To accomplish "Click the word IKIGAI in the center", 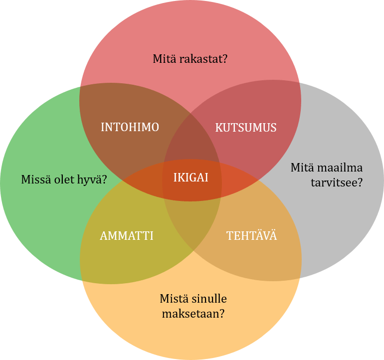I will click(191, 178).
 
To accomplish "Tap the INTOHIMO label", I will click(130, 127).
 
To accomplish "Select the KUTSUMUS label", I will click(245, 128).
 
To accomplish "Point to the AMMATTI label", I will click(126, 236).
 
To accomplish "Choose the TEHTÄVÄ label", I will click(252, 236).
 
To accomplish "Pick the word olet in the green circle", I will click(62, 180).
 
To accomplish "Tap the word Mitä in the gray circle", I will click(301, 168).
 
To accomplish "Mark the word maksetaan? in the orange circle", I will click(192, 314).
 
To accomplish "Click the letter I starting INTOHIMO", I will click(103, 127).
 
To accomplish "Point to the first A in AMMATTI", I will click(104, 236).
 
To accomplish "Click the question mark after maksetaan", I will click(221, 314).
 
